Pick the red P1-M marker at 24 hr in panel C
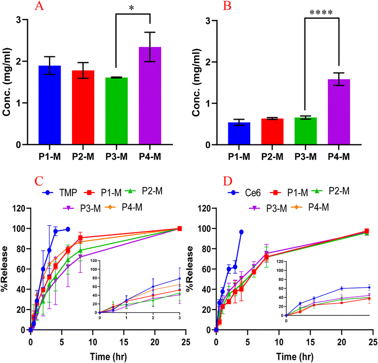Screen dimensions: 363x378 point(180,228)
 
